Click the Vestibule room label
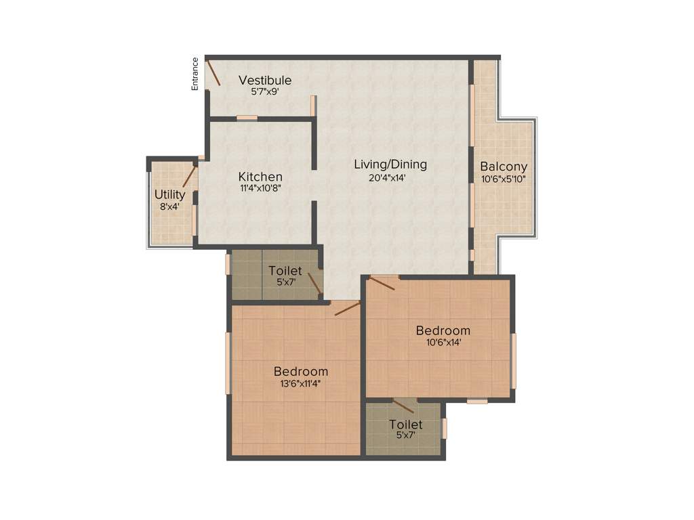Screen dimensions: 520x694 click(x=265, y=81)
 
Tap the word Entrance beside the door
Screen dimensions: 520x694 click(x=195, y=74)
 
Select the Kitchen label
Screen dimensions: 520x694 click(x=260, y=177)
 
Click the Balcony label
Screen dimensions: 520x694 click(x=504, y=167)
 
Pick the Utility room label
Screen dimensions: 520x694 click(x=169, y=195)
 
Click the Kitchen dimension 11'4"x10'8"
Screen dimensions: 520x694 click(x=260, y=189)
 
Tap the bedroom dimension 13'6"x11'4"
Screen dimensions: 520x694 click(x=301, y=383)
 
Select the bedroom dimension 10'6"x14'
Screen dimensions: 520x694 click(x=443, y=343)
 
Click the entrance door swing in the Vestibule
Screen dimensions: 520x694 click(x=213, y=73)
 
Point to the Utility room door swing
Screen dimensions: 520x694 click(x=189, y=176)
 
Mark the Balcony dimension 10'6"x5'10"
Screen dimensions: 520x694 click(x=504, y=179)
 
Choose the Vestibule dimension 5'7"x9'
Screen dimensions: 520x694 click(x=265, y=92)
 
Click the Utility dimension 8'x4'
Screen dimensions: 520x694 click(x=169, y=207)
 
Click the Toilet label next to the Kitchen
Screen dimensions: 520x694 click(x=285, y=271)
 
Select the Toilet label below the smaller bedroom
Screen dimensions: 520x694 click(x=406, y=425)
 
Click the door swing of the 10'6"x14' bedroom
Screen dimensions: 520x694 click(x=382, y=282)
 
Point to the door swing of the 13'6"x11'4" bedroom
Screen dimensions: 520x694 click(x=348, y=309)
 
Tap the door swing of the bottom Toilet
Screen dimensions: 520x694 click(x=403, y=406)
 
